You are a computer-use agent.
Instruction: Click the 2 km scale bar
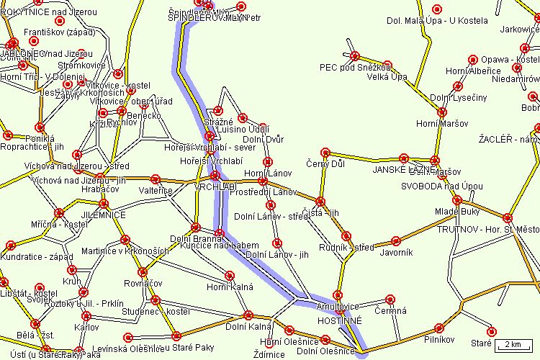[x=514, y=342]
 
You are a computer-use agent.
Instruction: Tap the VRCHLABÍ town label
[x=215, y=186]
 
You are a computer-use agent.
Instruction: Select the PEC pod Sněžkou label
[x=356, y=68]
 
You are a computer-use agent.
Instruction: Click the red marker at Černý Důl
[x=325, y=153]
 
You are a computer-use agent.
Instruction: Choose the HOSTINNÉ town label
[x=340, y=320]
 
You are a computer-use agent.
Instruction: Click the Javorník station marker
[x=395, y=240]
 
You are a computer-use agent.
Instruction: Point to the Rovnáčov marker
[x=143, y=272]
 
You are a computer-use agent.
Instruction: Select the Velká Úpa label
[x=387, y=78]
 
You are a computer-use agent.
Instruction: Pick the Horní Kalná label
[x=230, y=287]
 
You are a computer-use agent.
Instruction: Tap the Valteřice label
[x=156, y=191]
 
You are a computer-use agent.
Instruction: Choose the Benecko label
[x=145, y=115]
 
